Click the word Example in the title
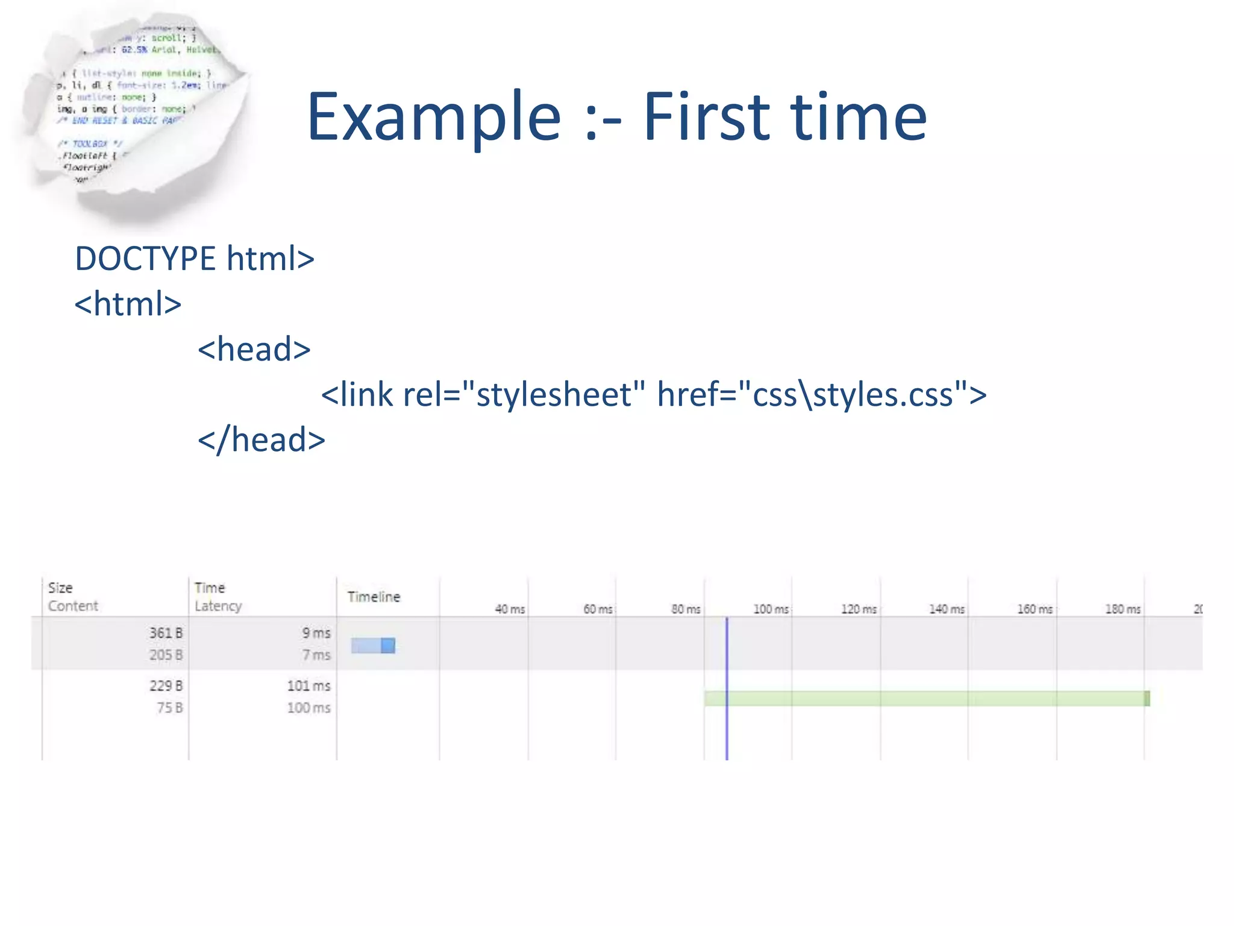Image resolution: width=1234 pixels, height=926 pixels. click(434, 118)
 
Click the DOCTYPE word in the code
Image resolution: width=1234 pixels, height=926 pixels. click(145, 259)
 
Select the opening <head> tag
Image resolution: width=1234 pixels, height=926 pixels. click(254, 350)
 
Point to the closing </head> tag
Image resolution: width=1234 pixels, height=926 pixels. click(262, 440)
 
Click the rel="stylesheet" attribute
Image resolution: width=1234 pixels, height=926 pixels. click(524, 395)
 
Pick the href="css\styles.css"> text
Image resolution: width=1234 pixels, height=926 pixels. click(821, 395)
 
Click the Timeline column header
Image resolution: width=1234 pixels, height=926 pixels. click(374, 597)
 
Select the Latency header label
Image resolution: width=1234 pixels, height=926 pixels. click(218, 606)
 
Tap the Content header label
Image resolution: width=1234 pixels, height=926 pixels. click(73, 606)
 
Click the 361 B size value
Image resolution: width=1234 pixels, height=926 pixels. click(166, 633)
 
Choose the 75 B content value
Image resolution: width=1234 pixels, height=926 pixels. click(169, 708)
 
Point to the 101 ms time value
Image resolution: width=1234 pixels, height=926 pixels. click(308, 686)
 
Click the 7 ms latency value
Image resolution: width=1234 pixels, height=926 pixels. click(316, 655)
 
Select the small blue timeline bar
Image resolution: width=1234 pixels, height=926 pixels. click(373, 646)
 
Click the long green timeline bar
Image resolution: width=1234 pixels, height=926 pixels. click(927, 699)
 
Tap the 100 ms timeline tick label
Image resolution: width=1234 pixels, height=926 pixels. click(771, 609)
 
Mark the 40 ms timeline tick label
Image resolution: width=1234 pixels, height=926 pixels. click(510, 609)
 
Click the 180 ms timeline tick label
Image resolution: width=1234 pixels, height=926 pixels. click(1123, 609)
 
